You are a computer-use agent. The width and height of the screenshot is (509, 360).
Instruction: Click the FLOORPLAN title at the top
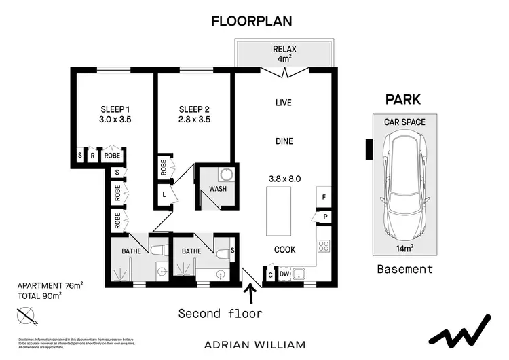point(252,21)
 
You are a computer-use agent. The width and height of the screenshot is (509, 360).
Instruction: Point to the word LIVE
point(283,103)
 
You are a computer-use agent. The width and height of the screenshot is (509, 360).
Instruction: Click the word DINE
point(284,141)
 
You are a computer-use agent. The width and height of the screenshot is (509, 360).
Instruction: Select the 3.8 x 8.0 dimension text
point(284,179)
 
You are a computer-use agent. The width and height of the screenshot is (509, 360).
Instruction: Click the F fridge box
point(324,198)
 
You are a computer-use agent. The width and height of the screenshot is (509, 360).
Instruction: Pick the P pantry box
point(325,217)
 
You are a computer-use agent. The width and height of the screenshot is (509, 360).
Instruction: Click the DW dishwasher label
point(284,274)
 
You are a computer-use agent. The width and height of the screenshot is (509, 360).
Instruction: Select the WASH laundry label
point(218,189)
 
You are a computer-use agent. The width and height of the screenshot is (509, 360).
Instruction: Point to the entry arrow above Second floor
point(252,293)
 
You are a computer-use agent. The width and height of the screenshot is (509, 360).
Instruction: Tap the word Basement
point(404,269)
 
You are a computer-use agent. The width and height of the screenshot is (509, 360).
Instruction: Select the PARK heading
point(403,100)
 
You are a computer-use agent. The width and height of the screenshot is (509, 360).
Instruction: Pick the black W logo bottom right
point(462,331)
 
